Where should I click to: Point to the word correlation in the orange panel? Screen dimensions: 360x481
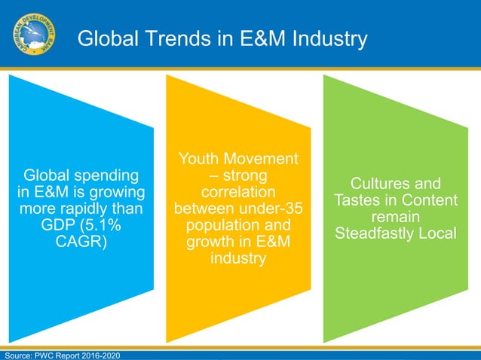[x=237, y=191]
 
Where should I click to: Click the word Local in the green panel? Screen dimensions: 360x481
[x=434, y=233]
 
